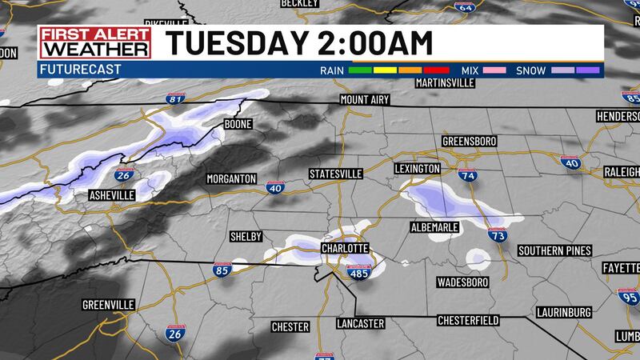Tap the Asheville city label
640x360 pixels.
111,195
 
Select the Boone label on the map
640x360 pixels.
238,125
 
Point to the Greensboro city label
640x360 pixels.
469,142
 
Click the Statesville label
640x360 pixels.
336,174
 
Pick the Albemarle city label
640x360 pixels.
434,227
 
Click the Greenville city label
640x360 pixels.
108,305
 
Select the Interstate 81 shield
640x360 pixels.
176,99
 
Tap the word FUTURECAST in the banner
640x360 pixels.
78,70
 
